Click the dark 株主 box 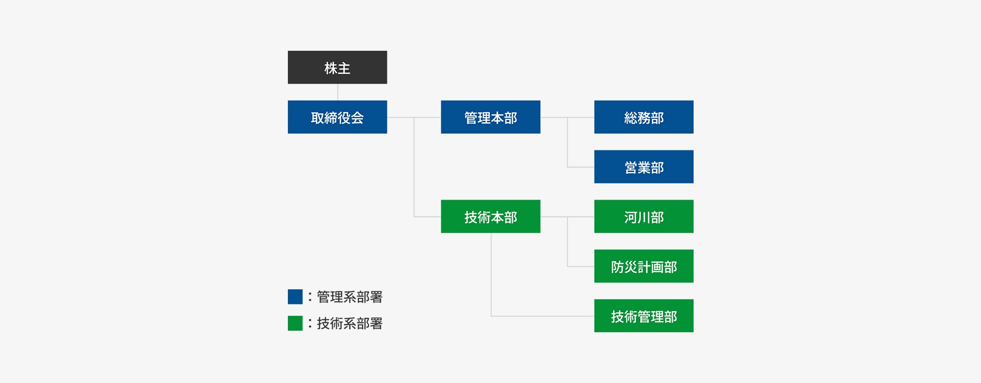(337, 68)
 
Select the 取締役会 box (337, 117)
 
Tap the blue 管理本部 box (490, 117)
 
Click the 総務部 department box (644, 117)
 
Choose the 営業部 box (644, 167)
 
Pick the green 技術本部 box (490, 216)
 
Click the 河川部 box (644, 216)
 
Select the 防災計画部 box (644, 266)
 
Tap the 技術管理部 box (644, 315)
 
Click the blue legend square (295, 297)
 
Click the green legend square (295, 323)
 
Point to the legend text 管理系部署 (350, 297)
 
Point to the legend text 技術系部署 (350, 324)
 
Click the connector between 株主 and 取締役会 (338, 92)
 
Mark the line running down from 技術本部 (491, 278)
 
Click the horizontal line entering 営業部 (581, 167)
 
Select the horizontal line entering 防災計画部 (581, 266)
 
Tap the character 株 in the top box (331, 68)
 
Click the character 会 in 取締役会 (357, 118)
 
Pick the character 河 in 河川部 (631, 217)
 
